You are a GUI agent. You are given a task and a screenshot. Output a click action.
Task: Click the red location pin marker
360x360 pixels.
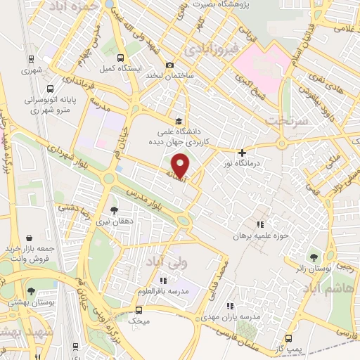pyautogui.click(x=181, y=165)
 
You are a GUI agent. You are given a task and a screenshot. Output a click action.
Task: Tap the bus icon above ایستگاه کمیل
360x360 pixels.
pyautogui.click(x=120, y=58)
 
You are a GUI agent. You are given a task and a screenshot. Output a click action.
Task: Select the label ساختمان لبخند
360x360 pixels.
pyautogui.click(x=169, y=75)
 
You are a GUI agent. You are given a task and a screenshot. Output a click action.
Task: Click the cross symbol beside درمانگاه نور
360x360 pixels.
pyautogui.click(x=243, y=153)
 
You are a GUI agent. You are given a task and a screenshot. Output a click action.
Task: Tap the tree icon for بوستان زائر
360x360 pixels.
pyautogui.click(x=314, y=257)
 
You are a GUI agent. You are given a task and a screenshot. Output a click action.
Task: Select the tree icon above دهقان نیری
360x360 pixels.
pyautogui.click(x=115, y=210)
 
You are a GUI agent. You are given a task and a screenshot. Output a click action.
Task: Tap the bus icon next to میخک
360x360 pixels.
pyautogui.click(x=139, y=309)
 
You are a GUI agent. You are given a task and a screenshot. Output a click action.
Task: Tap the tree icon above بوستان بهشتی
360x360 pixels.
pyautogui.click(x=31, y=291)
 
